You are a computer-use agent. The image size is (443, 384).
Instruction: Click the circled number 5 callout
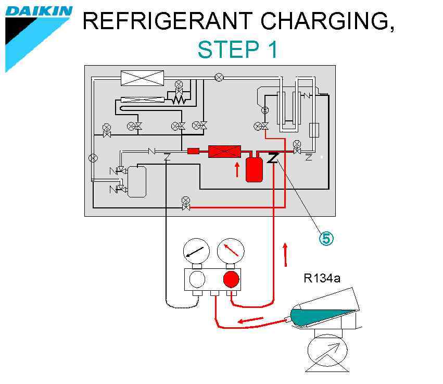325,238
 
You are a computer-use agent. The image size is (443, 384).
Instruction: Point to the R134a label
322,278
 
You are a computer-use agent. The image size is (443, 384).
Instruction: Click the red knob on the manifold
232,280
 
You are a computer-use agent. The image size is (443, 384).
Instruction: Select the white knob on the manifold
197,280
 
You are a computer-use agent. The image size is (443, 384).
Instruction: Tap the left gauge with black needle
197,251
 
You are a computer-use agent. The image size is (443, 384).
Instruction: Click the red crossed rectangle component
224,152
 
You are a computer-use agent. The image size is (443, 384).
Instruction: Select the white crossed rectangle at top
142,78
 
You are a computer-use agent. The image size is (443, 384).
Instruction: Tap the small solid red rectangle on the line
193,151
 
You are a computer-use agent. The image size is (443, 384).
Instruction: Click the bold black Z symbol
272,157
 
